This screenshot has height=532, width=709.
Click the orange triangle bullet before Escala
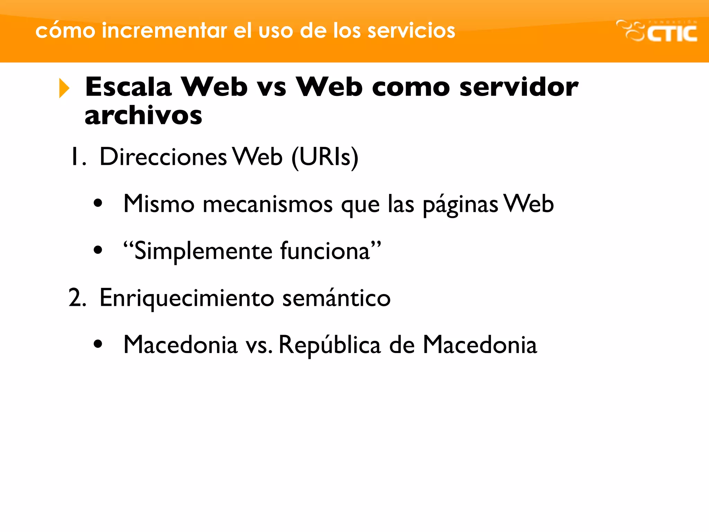coord(64,88)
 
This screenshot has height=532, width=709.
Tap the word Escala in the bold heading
coord(128,87)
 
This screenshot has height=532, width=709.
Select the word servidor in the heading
coord(519,87)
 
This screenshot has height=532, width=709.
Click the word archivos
coord(143,115)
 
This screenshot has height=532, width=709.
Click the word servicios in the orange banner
coord(411,30)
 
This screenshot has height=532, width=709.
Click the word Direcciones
coord(163,157)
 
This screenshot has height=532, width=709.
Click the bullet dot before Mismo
coord(98,203)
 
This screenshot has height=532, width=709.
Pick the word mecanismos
coord(267,204)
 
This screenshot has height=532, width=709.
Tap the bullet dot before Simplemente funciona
coord(98,250)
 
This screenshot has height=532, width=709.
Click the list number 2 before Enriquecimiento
coord(77,298)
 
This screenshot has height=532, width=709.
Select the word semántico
coord(336,298)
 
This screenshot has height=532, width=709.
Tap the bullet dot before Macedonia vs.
coord(98,344)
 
